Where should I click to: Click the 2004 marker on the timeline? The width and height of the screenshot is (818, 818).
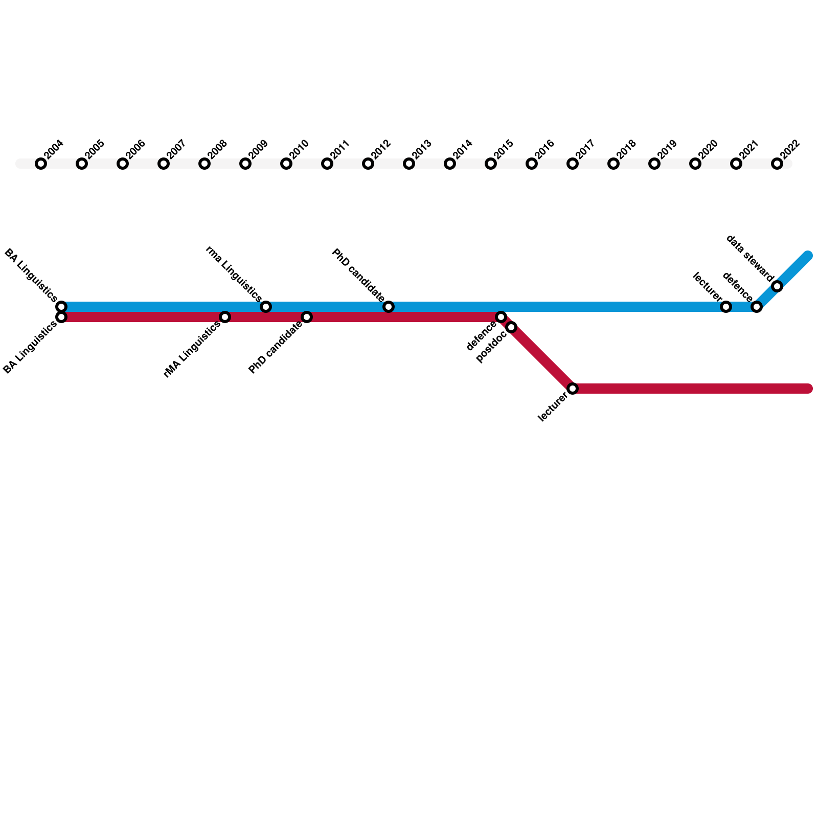(x=41, y=164)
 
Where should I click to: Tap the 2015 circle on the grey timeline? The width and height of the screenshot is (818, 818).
(x=491, y=164)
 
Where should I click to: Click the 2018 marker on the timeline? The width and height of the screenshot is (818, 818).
(x=613, y=164)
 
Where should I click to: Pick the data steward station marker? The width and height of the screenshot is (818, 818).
(x=777, y=286)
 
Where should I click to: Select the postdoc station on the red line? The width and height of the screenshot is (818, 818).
(x=511, y=327)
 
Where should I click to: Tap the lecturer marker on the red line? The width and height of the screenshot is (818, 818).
(x=573, y=389)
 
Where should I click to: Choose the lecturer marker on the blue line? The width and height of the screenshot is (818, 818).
(x=726, y=307)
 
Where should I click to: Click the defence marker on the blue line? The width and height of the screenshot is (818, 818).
(x=757, y=307)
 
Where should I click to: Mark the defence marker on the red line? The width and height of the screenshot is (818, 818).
(x=501, y=317)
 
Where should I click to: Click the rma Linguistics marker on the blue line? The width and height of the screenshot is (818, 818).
(x=266, y=307)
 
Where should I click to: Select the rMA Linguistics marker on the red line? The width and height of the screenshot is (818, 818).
(x=225, y=317)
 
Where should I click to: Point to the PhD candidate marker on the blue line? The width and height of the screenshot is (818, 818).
(x=389, y=307)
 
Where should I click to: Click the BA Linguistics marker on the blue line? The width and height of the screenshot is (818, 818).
(x=61, y=306)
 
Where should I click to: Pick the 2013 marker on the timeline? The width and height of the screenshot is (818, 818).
(x=409, y=164)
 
